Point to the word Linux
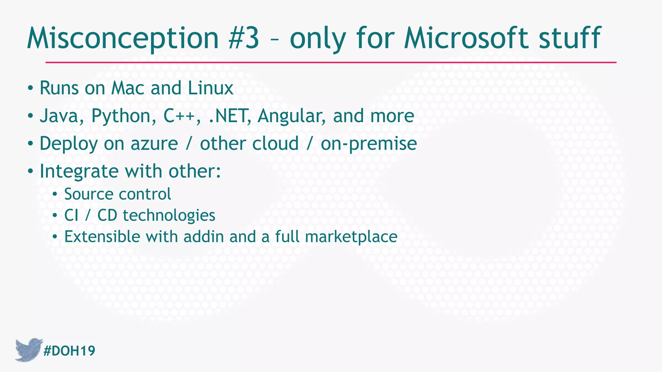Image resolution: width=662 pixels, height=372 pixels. pyautogui.click(x=210, y=88)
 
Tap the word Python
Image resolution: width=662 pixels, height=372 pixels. pyautogui.click(x=121, y=117)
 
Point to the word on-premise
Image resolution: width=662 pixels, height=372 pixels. pyautogui.click(x=369, y=144)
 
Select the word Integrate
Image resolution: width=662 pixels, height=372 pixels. pyautogui.click(x=79, y=171)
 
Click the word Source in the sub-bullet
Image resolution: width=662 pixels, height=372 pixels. pyautogui.click(x=88, y=194)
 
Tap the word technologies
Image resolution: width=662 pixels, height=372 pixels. pyautogui.click(x=169, y=215)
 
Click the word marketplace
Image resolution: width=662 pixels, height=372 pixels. pyautogui.click(x=351, y=237)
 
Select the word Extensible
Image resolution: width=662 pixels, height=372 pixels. pyautogui.click(x=102, y=237)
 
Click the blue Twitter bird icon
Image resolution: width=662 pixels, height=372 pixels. pyautogui.click(x=28, y=349)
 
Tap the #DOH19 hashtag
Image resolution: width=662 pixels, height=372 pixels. pyautogui.click(x=69, y=351)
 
